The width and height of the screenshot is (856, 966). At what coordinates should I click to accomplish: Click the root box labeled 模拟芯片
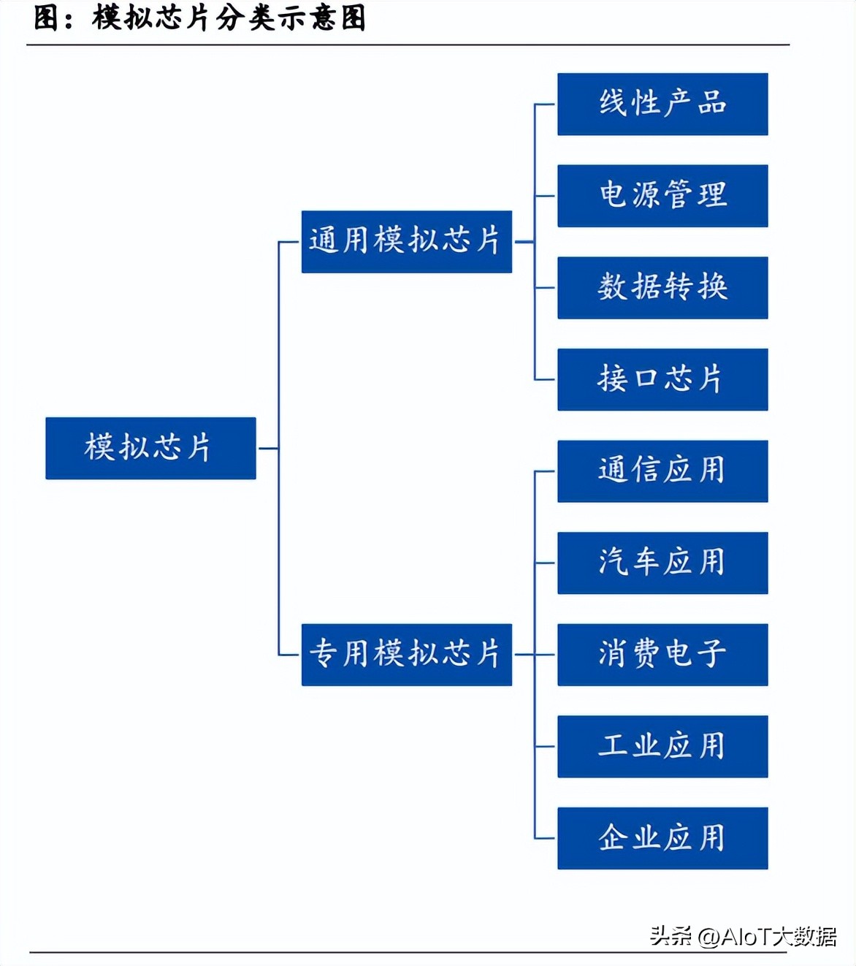150,448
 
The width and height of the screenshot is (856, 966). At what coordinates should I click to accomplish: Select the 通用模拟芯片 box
406,242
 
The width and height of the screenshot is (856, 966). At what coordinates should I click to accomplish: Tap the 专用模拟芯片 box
406,654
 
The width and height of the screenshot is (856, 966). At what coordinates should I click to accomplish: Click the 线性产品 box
662,104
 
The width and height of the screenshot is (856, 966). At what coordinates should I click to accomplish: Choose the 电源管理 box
662,196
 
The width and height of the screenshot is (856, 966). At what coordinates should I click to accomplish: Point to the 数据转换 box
662,287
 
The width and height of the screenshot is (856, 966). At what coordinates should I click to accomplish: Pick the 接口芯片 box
662,379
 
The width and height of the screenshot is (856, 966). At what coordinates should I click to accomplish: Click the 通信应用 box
662,471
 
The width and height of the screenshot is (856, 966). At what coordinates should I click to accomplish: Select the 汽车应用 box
662,563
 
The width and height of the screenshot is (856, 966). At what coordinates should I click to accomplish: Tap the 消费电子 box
662,654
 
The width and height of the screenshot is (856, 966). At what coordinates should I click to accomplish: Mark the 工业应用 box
662,746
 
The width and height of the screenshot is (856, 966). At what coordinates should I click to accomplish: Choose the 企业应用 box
662,838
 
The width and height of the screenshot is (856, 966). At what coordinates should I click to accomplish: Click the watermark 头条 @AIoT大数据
743,936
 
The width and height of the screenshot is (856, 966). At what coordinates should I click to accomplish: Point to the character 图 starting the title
46,18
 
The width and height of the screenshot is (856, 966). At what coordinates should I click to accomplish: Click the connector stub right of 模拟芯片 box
267,448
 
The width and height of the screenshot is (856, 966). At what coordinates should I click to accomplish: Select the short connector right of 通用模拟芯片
523,242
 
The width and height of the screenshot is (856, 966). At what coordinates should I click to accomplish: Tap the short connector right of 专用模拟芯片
523,654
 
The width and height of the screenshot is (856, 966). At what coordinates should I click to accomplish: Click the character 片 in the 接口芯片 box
711,379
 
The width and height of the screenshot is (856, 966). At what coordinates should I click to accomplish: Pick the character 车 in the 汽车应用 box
646,563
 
